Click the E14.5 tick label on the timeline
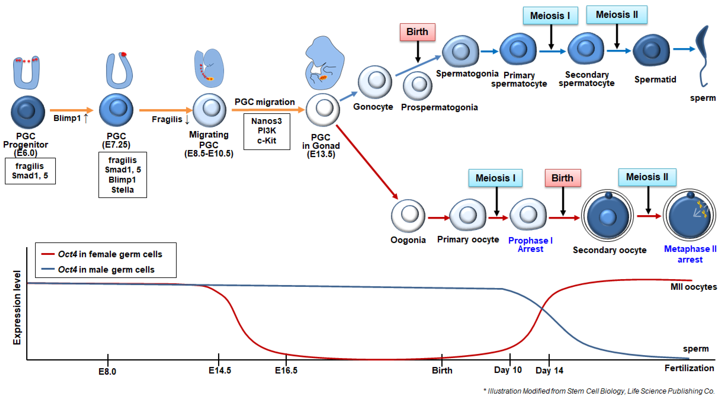pos(220,370)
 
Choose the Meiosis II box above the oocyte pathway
pos(647,177)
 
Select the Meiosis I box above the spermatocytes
pos(550,16)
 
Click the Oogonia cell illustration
pos(408,215)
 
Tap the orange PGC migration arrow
pos(267,110)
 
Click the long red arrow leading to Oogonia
pos(367,162)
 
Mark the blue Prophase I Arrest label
pos(530,245)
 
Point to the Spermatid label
pos(655,79)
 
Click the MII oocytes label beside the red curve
pos(693,287)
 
